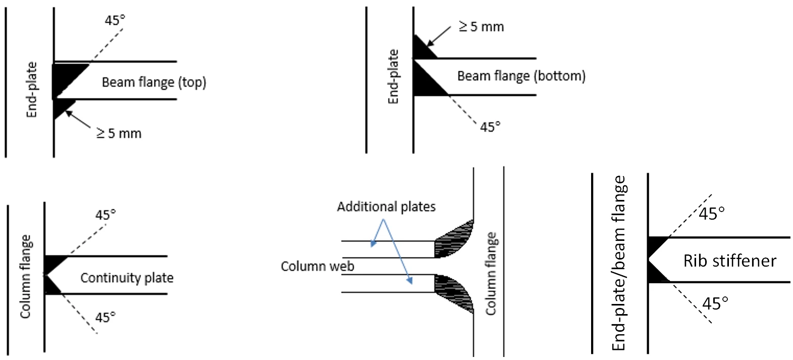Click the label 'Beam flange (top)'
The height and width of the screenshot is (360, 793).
click(x=154, y=82)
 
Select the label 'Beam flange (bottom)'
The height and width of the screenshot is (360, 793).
click(x=521, y=76)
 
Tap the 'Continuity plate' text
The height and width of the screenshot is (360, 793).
click(x=127, y=278)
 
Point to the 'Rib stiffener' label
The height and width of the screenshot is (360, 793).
click(x=730, y=261)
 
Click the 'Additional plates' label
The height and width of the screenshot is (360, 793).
click(x=386, y=207)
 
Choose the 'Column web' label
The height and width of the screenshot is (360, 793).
click(x=318, y=266)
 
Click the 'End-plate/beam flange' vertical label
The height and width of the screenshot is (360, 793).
click(x=619, y=263)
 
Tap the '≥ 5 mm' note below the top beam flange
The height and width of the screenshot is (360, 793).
click(x=119, y=133)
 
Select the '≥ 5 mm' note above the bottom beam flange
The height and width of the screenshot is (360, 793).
click(x=481, y=27)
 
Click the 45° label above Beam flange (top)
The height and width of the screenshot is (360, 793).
click(x=115, y=21)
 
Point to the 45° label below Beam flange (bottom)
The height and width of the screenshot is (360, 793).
click(x=490, y=127)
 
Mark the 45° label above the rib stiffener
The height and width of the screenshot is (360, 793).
click(x=712, y=214)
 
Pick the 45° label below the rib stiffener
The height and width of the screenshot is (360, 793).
click(x=715, y=304)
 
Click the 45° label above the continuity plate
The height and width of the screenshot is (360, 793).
click(x=105, y=215)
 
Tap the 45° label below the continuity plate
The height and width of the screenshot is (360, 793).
click(x=105, y=318)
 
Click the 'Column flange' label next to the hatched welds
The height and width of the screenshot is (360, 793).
click(x=491, y=274)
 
